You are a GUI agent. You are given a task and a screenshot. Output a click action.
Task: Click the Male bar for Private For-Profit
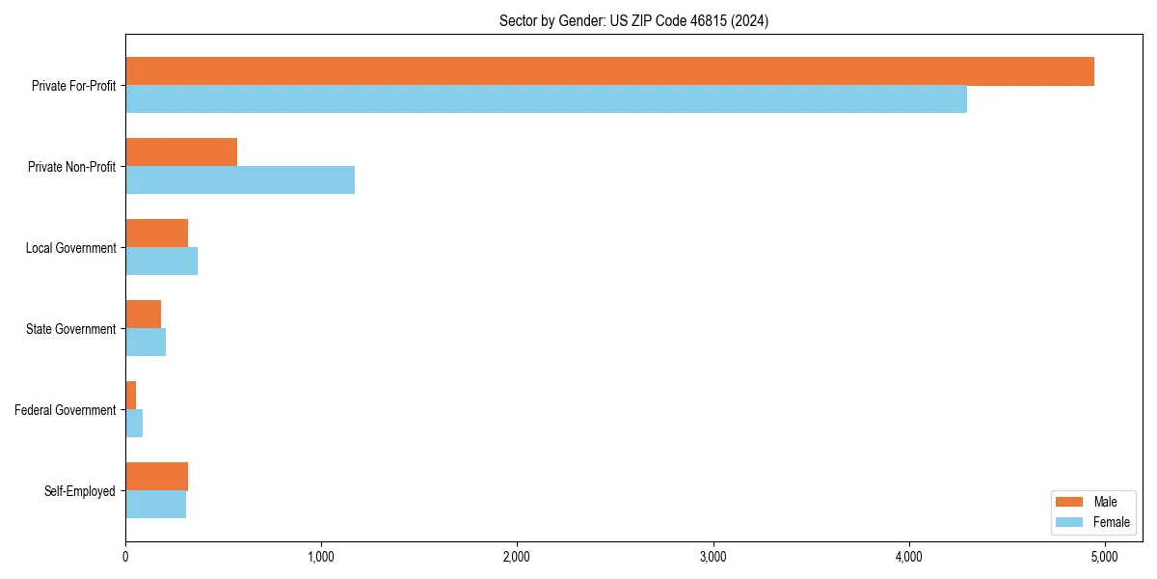tap(609, 71)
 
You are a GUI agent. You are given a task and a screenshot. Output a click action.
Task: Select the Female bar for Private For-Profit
tap(546, 99)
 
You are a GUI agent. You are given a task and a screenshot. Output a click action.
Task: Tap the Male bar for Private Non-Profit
tap(181, 152)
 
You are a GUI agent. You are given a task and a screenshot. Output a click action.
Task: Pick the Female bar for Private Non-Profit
tap(240, 180)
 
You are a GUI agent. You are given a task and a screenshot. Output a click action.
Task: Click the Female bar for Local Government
tap(161, 262)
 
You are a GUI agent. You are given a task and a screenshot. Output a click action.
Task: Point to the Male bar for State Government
tap(143, 315)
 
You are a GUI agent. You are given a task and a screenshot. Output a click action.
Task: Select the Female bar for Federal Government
tap(134, 424)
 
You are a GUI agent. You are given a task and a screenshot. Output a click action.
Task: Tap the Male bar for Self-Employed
tap(156, 477)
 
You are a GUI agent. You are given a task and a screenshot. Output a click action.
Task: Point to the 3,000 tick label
tap(713, 557)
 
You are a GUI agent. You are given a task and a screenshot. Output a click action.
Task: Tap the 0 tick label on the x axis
tap(125, 557)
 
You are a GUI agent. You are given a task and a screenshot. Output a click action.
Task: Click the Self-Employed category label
tap(80, 491)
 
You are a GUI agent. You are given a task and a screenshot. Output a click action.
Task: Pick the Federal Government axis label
tap(66, 410)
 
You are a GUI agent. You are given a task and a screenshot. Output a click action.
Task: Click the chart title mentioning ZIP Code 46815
tap(633, 20)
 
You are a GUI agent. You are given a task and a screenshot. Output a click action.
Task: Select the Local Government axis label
tap(70, 248)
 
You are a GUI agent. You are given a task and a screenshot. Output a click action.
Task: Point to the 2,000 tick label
tap(517, 557)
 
